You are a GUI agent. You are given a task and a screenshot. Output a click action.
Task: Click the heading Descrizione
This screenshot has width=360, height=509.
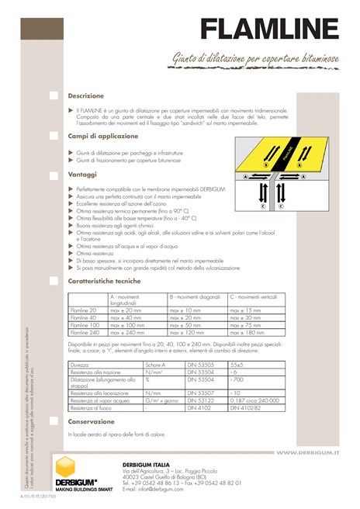coord(85,95)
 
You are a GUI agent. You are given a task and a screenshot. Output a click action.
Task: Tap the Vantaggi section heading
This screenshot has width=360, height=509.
coord(82,175)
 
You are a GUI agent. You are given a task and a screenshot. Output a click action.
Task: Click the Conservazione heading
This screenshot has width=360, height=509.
coord(91,421)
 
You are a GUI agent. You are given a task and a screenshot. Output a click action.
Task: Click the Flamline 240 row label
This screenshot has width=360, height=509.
coord(85,332)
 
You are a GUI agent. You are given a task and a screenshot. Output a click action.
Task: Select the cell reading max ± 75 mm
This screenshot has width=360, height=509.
coord(247,325)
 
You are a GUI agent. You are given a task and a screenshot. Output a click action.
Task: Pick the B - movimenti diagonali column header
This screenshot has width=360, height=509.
coord(196,297)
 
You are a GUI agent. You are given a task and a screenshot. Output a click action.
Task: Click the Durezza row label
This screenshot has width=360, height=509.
coord(79,363)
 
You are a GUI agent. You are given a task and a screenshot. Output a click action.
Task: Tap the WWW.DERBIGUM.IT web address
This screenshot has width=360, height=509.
coord(308,452)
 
